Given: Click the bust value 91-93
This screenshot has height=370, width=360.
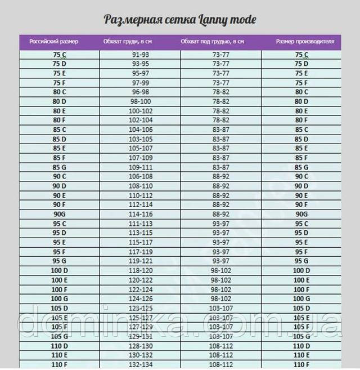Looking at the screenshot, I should pyautogui.click(x=141, y=55).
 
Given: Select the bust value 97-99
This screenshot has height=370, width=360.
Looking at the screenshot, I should pyautogui.click(x=141, y=83).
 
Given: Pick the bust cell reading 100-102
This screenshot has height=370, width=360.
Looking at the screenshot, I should pyautogui.click(x=141, y=111).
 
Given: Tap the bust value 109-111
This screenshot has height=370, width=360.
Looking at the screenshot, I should pyautogui.click(x=141, y=167).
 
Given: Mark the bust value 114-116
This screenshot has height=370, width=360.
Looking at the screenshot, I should pyautogui.click(x=141, y=215).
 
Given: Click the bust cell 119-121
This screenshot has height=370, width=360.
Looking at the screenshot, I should pyautogui.click(x=141, y=261).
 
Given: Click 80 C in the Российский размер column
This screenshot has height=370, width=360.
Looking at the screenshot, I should pyautogui.click(x=59, y=92).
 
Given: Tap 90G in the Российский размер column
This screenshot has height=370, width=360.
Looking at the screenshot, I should pyautogui.click(x=59, y=215).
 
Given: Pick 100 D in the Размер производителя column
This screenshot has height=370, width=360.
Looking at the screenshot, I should pyautogui.click(x=301, y=271).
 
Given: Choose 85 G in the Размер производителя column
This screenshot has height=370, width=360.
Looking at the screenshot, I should pyautogui.click(x=301, y=167).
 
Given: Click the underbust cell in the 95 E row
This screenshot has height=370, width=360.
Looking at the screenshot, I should pyautogui.click(x=220, y=243).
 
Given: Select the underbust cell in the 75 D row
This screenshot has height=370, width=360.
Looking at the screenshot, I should pyautogui.click(x=220, y=64).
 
